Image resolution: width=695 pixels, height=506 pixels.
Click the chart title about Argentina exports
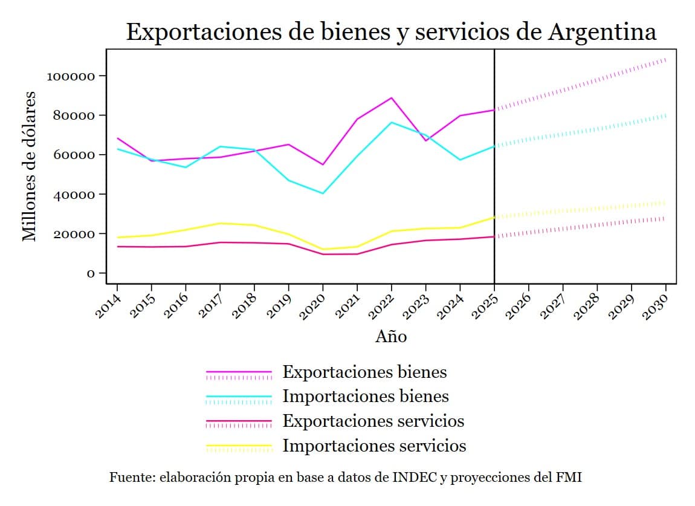tap(390, 31)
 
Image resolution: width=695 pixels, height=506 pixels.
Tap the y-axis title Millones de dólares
tap(29, 166)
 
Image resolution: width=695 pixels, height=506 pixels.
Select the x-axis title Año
tap(390, 337)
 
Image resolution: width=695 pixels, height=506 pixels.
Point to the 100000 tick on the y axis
tap(71, 76)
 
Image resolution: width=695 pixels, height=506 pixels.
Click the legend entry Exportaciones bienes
tap(364, 372)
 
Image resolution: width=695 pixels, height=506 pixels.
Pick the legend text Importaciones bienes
tap(365, 397)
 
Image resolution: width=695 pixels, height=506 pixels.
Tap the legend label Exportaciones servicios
tap(373, 421)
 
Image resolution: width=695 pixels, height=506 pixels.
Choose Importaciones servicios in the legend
tap(374, 446)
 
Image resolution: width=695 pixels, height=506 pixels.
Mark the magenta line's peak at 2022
tap(392, 98)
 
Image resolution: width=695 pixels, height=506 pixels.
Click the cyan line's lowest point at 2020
tap(323, 193)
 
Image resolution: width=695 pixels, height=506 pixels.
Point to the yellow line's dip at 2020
tap(323, 249)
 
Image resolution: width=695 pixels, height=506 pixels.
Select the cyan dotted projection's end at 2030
tap(666, 115)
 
